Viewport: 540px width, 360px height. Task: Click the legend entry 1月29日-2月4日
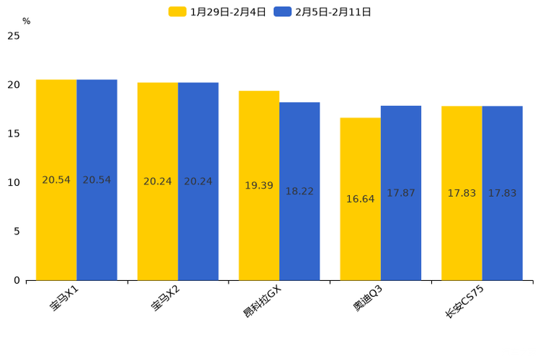pyautogui.click(x=218, y=12)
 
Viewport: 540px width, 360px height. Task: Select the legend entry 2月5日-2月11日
pyautogui.click(x=323, y=12)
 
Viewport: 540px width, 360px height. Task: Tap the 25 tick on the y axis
pyautogui.click(x=14, y=36)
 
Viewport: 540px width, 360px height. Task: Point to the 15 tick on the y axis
pyautogui.click(x=14, y=134)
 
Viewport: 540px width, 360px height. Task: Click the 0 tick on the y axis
pyautogui.click(x=17, y=280)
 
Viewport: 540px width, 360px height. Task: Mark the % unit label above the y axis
pyautogui.click(x=26, y=22)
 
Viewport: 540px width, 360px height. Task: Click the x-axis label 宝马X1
pyautogui.click(x=65, y=298)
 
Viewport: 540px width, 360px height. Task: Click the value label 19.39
pyautogui.click(x=259, y=186)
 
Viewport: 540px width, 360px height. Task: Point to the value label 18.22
pyautogui.click(x=300, y=192)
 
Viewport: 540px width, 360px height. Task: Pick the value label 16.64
pyautogui.click(x=360, y=199)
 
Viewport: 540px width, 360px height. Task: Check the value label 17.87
pyautogui.click(x=401, y=193)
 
